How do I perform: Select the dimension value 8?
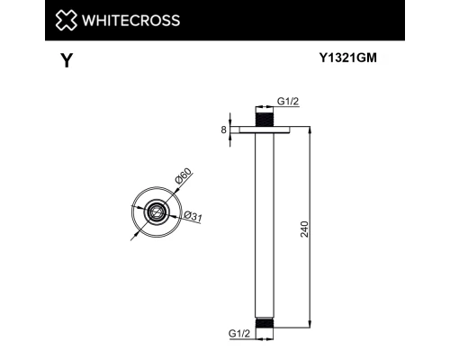click(x=223, y=130)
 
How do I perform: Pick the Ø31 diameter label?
click(x=192, y=216)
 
